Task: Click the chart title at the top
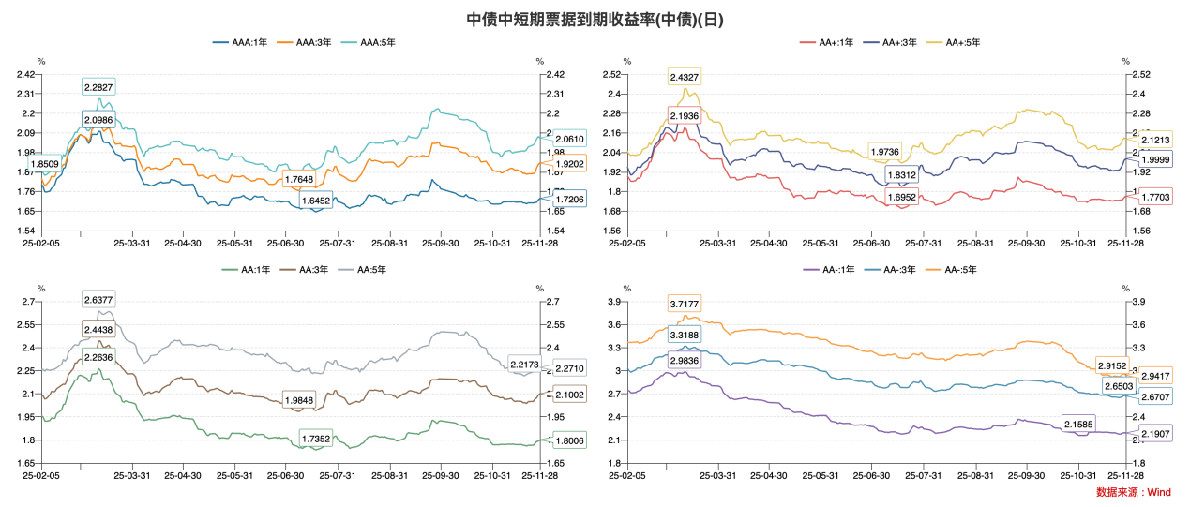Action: [595, 19]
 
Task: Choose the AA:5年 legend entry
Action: [362, 270]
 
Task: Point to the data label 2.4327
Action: [684, 76]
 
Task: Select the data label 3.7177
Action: [684, 305]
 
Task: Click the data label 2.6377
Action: [98, 300]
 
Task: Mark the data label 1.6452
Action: [315, 201]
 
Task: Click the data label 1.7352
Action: [315, 439]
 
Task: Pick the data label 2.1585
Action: [1077, 425]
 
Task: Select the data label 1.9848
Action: [299, 400]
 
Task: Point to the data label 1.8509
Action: [45, 164]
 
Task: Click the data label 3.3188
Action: [684, 335]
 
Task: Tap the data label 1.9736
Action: [884, 151]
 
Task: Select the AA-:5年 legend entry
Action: [957, 270]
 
